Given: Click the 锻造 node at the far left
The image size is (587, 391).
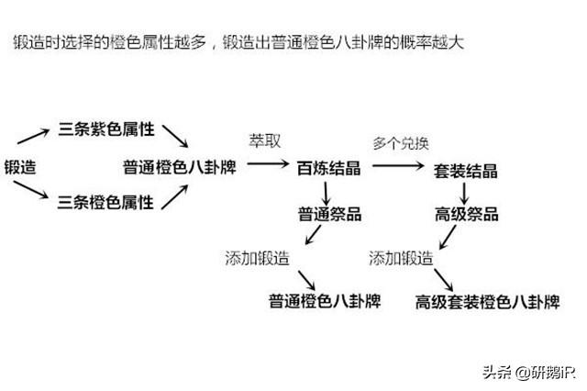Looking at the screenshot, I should [x=20, y=167].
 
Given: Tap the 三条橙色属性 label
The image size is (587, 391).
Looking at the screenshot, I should [x=105, y=201].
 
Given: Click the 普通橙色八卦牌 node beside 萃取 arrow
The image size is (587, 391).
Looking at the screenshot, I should [x=177, y=167].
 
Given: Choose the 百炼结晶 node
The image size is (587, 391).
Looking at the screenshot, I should [x=328, y=167].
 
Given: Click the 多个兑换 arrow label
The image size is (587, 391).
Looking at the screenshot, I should [x=400, y=143].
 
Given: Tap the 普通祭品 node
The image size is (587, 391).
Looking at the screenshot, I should [x=328, y=215].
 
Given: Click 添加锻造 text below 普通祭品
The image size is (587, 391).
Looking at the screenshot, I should [x=257, y=257].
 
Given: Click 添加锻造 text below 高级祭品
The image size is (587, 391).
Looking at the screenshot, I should [x=401, y=257].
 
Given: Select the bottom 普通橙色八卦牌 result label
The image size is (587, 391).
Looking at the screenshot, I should [x=325, y=300].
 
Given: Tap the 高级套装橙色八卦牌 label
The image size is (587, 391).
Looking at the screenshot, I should [x=487, y=300].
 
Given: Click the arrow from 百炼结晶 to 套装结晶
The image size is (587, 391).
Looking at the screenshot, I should [x=400, y=167].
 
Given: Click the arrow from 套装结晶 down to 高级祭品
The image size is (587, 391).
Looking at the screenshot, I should [x=465, y=192].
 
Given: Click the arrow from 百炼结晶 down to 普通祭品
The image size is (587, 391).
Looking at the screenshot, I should [x=326, y=192].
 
